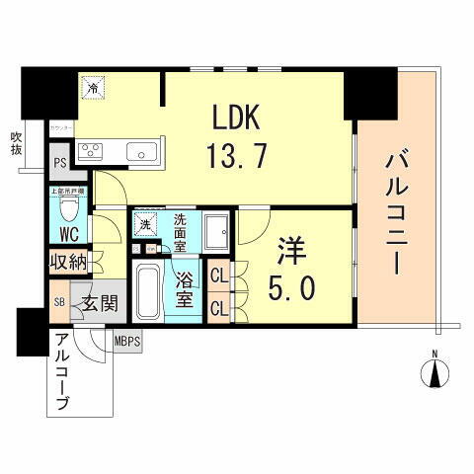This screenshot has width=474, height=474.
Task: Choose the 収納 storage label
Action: pos(69,264)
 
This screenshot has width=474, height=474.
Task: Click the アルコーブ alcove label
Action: pos(64,372)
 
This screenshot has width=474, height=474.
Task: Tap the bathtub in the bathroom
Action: pos(148,286)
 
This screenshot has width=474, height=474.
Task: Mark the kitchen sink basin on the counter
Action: pos(140,152)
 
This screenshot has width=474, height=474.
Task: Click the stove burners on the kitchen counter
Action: pos(92,152)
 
